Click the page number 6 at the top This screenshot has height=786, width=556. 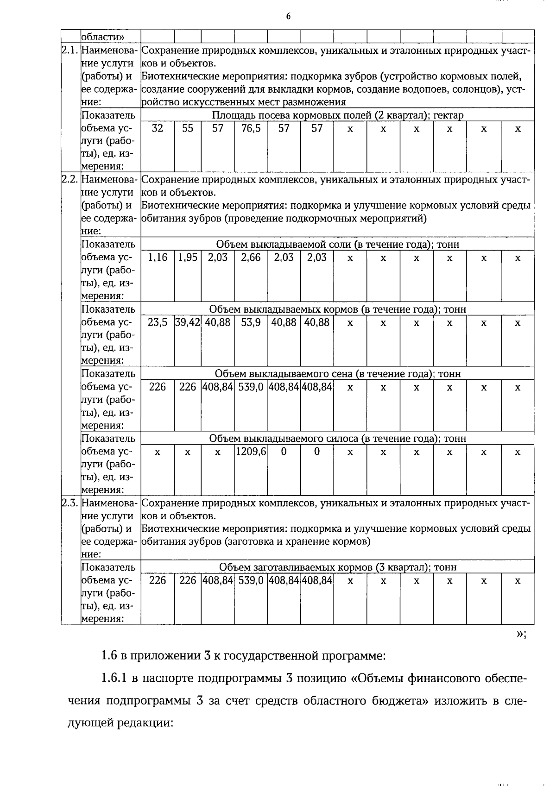[x=288, y=17]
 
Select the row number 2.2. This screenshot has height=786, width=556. [x=70, y=180]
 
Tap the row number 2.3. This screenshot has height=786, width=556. [x=70, y=503]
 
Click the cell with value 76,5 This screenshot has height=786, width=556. [x=251, y=129]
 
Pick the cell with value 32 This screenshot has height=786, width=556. [x=158, y=129]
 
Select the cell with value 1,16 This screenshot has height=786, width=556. [x=158, y=258]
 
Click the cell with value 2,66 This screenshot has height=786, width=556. [x=251, y=258]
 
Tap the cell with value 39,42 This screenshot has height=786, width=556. [x=188, y=322]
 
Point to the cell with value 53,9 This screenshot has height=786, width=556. [x=251, y=322]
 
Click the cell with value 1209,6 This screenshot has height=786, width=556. [x=251, y=452]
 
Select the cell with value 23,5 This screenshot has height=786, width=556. [x=158, y=322]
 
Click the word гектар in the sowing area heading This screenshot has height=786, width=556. [x=448, y=115]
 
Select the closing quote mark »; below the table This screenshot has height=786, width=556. [x=521, y=635]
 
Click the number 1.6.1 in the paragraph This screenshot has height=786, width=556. [x=114, y=679]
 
